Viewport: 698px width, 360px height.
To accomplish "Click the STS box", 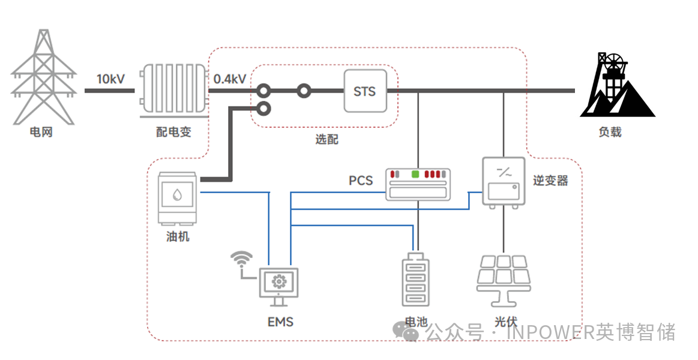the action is (x=365, y=91).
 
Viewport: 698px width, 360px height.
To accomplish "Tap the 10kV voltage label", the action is (x=111, y=79).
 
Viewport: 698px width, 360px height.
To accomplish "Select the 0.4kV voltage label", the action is (x=230, y=79).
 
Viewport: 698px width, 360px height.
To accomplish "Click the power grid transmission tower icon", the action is (x=43, y=77).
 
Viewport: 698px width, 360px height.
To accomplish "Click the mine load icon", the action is (x=617, y=85).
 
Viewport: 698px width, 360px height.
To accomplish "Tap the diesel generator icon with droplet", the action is (x=177, y=197).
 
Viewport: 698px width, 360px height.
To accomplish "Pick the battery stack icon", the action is (x=416, y=280).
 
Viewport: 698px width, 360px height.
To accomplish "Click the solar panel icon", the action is (x=504, y=280).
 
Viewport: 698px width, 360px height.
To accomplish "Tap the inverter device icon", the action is (x=504, y=182).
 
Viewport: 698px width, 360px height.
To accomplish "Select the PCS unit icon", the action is (x=418, y=184).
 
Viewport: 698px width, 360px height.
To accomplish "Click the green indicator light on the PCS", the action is (x=416, y=174).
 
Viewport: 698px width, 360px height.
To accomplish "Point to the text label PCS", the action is (x=361, y=181).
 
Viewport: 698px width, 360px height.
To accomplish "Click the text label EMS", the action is (x=280, y=322).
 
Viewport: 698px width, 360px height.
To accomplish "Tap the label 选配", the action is (x=326, y=139).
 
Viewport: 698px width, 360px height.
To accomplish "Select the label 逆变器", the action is (x=550, y=180).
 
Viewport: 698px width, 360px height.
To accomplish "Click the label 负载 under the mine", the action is (x=610, y=132).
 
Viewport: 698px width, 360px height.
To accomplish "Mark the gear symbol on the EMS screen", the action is (x=278, y=281).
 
